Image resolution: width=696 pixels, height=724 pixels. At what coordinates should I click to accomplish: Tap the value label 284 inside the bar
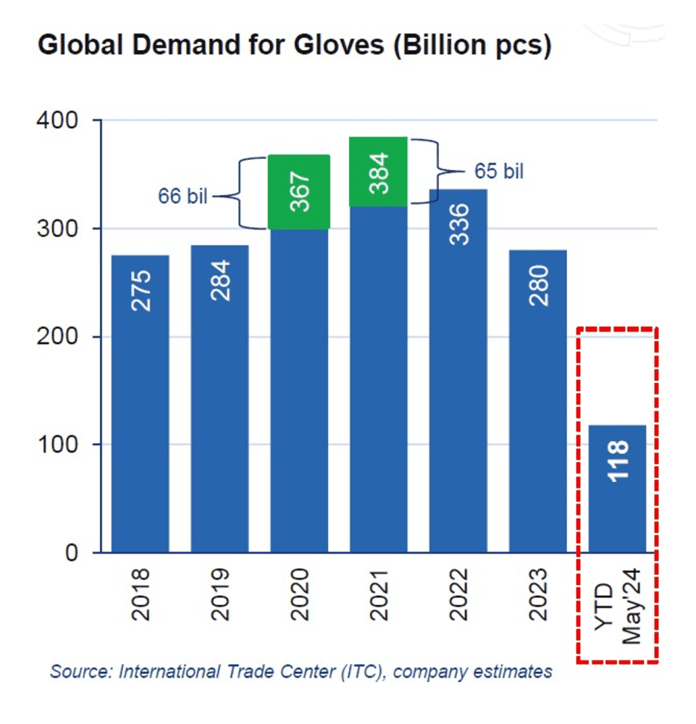click(x=220, y=281)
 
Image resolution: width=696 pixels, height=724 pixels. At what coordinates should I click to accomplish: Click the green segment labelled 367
click(x=300, y=192)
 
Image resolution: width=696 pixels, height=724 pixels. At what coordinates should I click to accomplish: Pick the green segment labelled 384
click(x=379, y=172)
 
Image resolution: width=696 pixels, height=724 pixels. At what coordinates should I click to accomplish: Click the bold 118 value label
click(x=618, y=460)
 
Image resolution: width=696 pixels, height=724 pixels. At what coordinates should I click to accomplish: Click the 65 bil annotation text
click(x=499, y=172)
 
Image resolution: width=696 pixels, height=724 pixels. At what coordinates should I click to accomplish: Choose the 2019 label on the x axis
click(x=220, y=595)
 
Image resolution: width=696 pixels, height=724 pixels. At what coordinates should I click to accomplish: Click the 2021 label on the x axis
click(x=379, y=595)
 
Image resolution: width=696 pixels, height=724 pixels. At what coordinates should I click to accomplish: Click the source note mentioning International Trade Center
click(x=301, y=672)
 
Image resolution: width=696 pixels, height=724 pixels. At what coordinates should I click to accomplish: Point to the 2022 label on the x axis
click(x=458, y=595)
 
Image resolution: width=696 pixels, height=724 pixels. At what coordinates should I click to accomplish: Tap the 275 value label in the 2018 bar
click(x=141, y=291)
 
